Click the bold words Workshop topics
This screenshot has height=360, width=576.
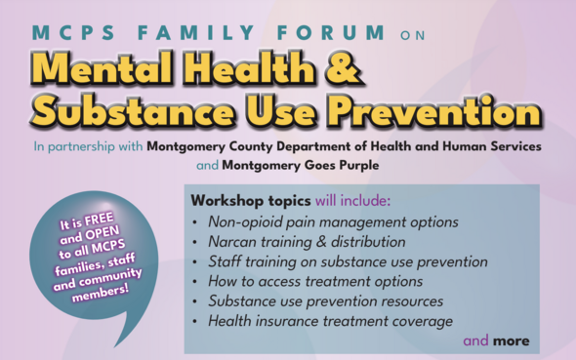pos(240,201)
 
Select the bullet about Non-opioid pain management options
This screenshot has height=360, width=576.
pos(333,221)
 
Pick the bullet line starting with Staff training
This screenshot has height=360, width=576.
pos(347,261)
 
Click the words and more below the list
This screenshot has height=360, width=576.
pos(495,340)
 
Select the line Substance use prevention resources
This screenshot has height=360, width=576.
pos(325,301)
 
